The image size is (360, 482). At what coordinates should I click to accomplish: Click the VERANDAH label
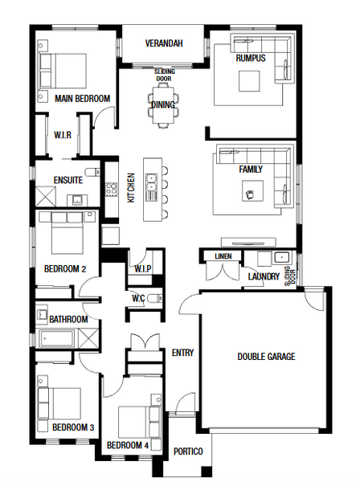(x=164, y=43)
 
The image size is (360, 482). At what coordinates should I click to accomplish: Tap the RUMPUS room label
(x=251, y=58)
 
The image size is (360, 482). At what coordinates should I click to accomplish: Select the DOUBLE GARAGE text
(x=266, y=357)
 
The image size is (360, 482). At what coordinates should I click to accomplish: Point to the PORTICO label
(x=188, y=451)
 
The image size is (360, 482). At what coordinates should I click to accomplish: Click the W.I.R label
(x=63, y=135)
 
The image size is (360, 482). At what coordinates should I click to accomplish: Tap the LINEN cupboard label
(x=223, y=256)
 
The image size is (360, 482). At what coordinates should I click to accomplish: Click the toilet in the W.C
(x=154, y=299)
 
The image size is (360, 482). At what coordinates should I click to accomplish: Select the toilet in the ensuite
(x=92, y=172)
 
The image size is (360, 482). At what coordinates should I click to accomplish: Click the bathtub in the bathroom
(x=56, y=338)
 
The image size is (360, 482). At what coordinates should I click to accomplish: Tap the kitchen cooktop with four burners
(x=111, y=190)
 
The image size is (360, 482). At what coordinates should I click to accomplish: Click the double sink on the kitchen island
(x=151, y=182)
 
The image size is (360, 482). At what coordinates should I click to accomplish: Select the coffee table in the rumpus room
(x=249, y=81)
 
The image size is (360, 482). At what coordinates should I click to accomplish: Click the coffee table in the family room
(x=252, y=191)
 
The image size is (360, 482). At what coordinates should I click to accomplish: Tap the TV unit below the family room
(x=248, y=243)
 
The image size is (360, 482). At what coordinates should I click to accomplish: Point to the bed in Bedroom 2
(x=67, y=233)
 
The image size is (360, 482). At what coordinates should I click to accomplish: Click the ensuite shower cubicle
(x=46, y=196)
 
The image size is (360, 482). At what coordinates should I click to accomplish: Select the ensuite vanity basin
(x=77, y=200)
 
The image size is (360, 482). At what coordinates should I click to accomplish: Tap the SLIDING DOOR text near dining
(x=164, y=75)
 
